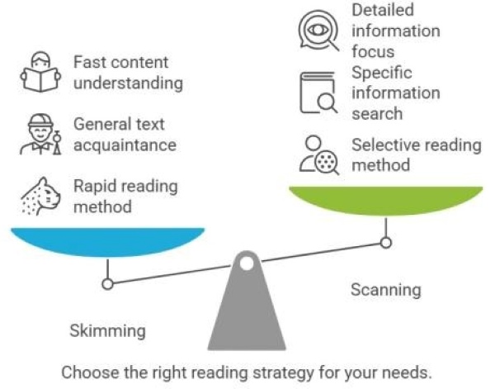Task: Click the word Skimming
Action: tap(107, 331)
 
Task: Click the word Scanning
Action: tap(385, 290)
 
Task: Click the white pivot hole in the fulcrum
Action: tap(247, 265)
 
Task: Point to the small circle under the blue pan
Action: tap(107, 284)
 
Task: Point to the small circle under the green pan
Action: tap(385, 243)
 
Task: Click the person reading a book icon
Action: tap(40, 73)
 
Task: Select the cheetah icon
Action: tap(39, 197)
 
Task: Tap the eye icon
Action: tap(318, 30)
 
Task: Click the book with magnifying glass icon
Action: tap(318, 93)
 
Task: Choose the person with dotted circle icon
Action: tap(318, 154)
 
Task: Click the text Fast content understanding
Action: tap(128, 73)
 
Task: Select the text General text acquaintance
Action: tap(125, 135)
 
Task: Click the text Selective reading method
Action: tap(416, 154)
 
